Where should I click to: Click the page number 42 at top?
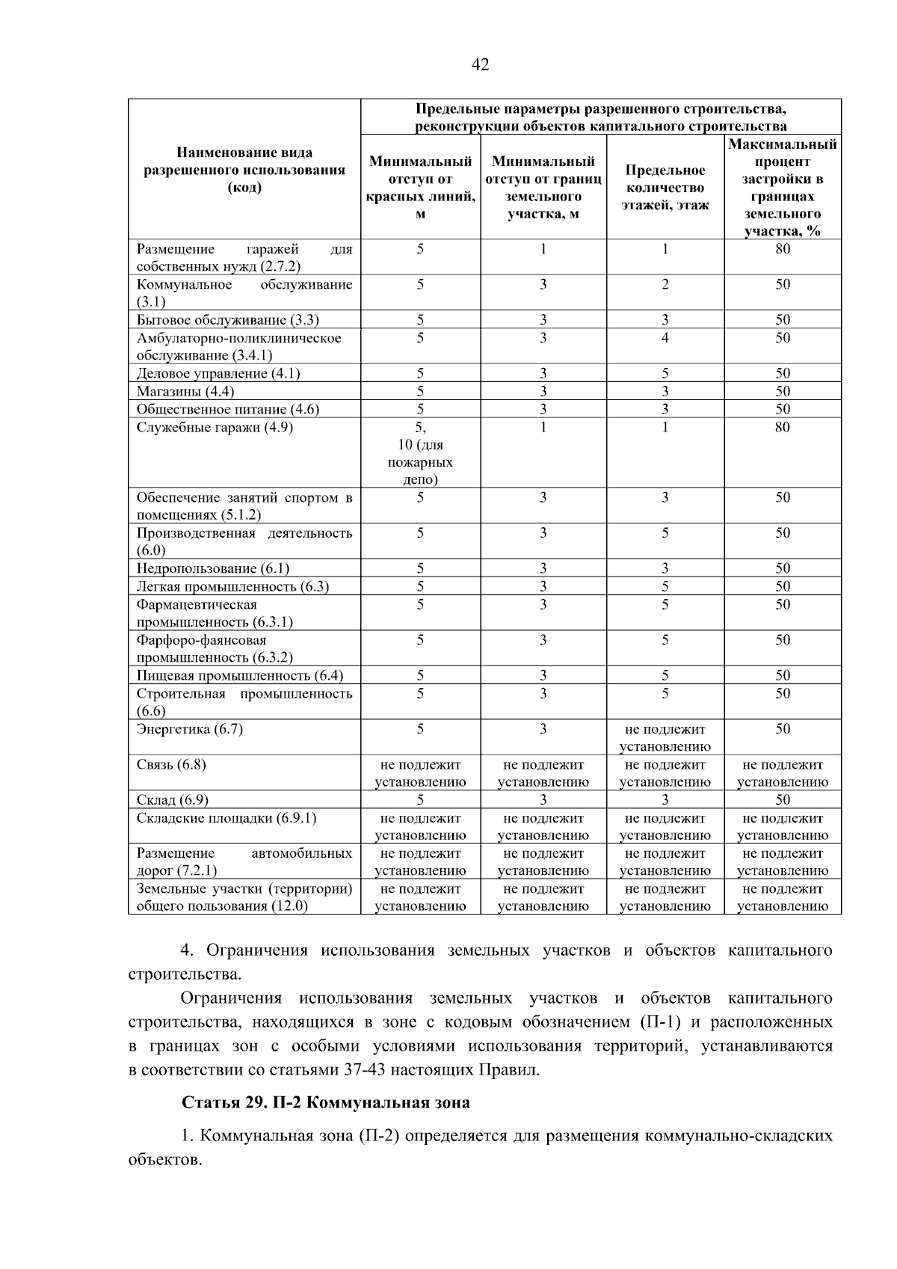tap(481, 65)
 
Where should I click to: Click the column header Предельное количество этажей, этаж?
tap(665, 188)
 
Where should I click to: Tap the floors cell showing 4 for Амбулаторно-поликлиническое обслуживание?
tap(665, 338)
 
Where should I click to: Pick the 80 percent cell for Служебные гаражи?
tap(782, 428)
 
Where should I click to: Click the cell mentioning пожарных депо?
tap(420, 454)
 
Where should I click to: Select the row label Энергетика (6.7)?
tap(190, 729)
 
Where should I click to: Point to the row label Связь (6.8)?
tap(171, 765)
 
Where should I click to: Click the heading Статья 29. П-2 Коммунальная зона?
tap(326, 1103)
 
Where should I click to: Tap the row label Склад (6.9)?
tap(173, 800)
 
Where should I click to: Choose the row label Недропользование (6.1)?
tap(213, 569)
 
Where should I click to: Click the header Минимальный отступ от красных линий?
tap(420, 188)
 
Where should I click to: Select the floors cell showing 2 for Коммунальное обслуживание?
tap(665, 285)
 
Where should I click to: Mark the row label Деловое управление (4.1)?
tap(218, 374)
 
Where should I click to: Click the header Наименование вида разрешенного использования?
tap(244, 170)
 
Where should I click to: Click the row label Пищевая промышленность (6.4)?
tap(239, 676)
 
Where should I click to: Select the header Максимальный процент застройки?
tap(782, 188)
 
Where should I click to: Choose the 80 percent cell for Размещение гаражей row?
tap(782, 249)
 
